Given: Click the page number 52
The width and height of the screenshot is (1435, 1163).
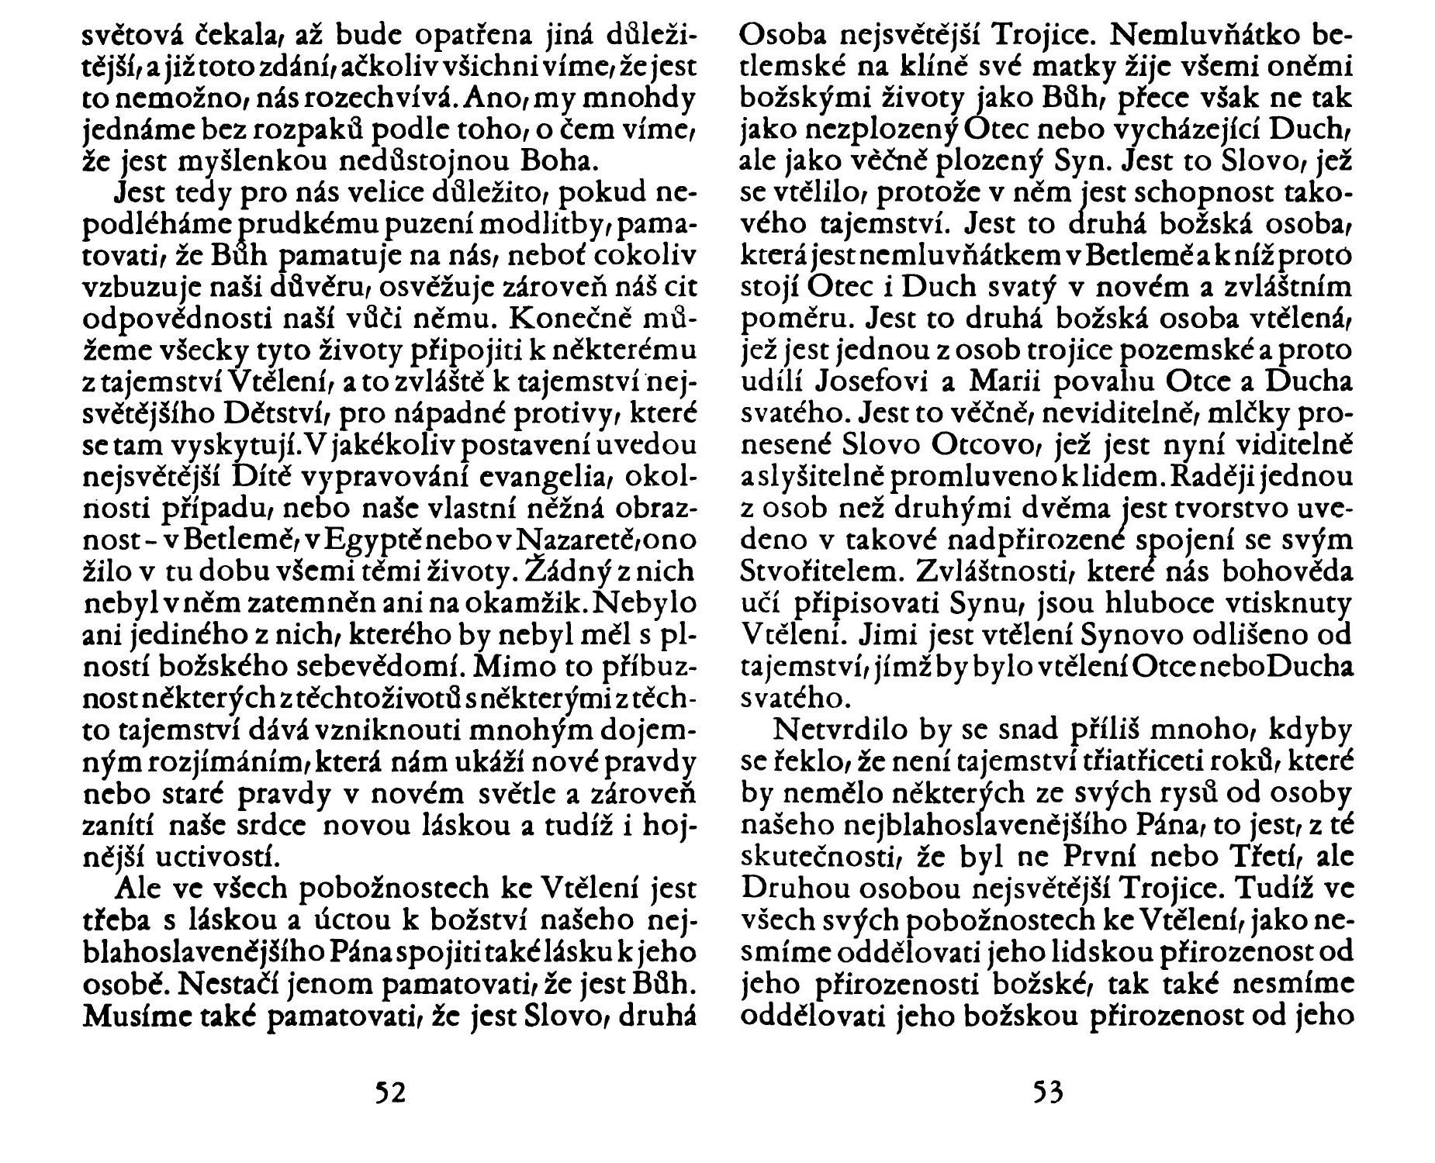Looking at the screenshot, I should pos(390,1092).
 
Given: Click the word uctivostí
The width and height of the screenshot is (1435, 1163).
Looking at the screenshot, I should pos(214,856).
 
